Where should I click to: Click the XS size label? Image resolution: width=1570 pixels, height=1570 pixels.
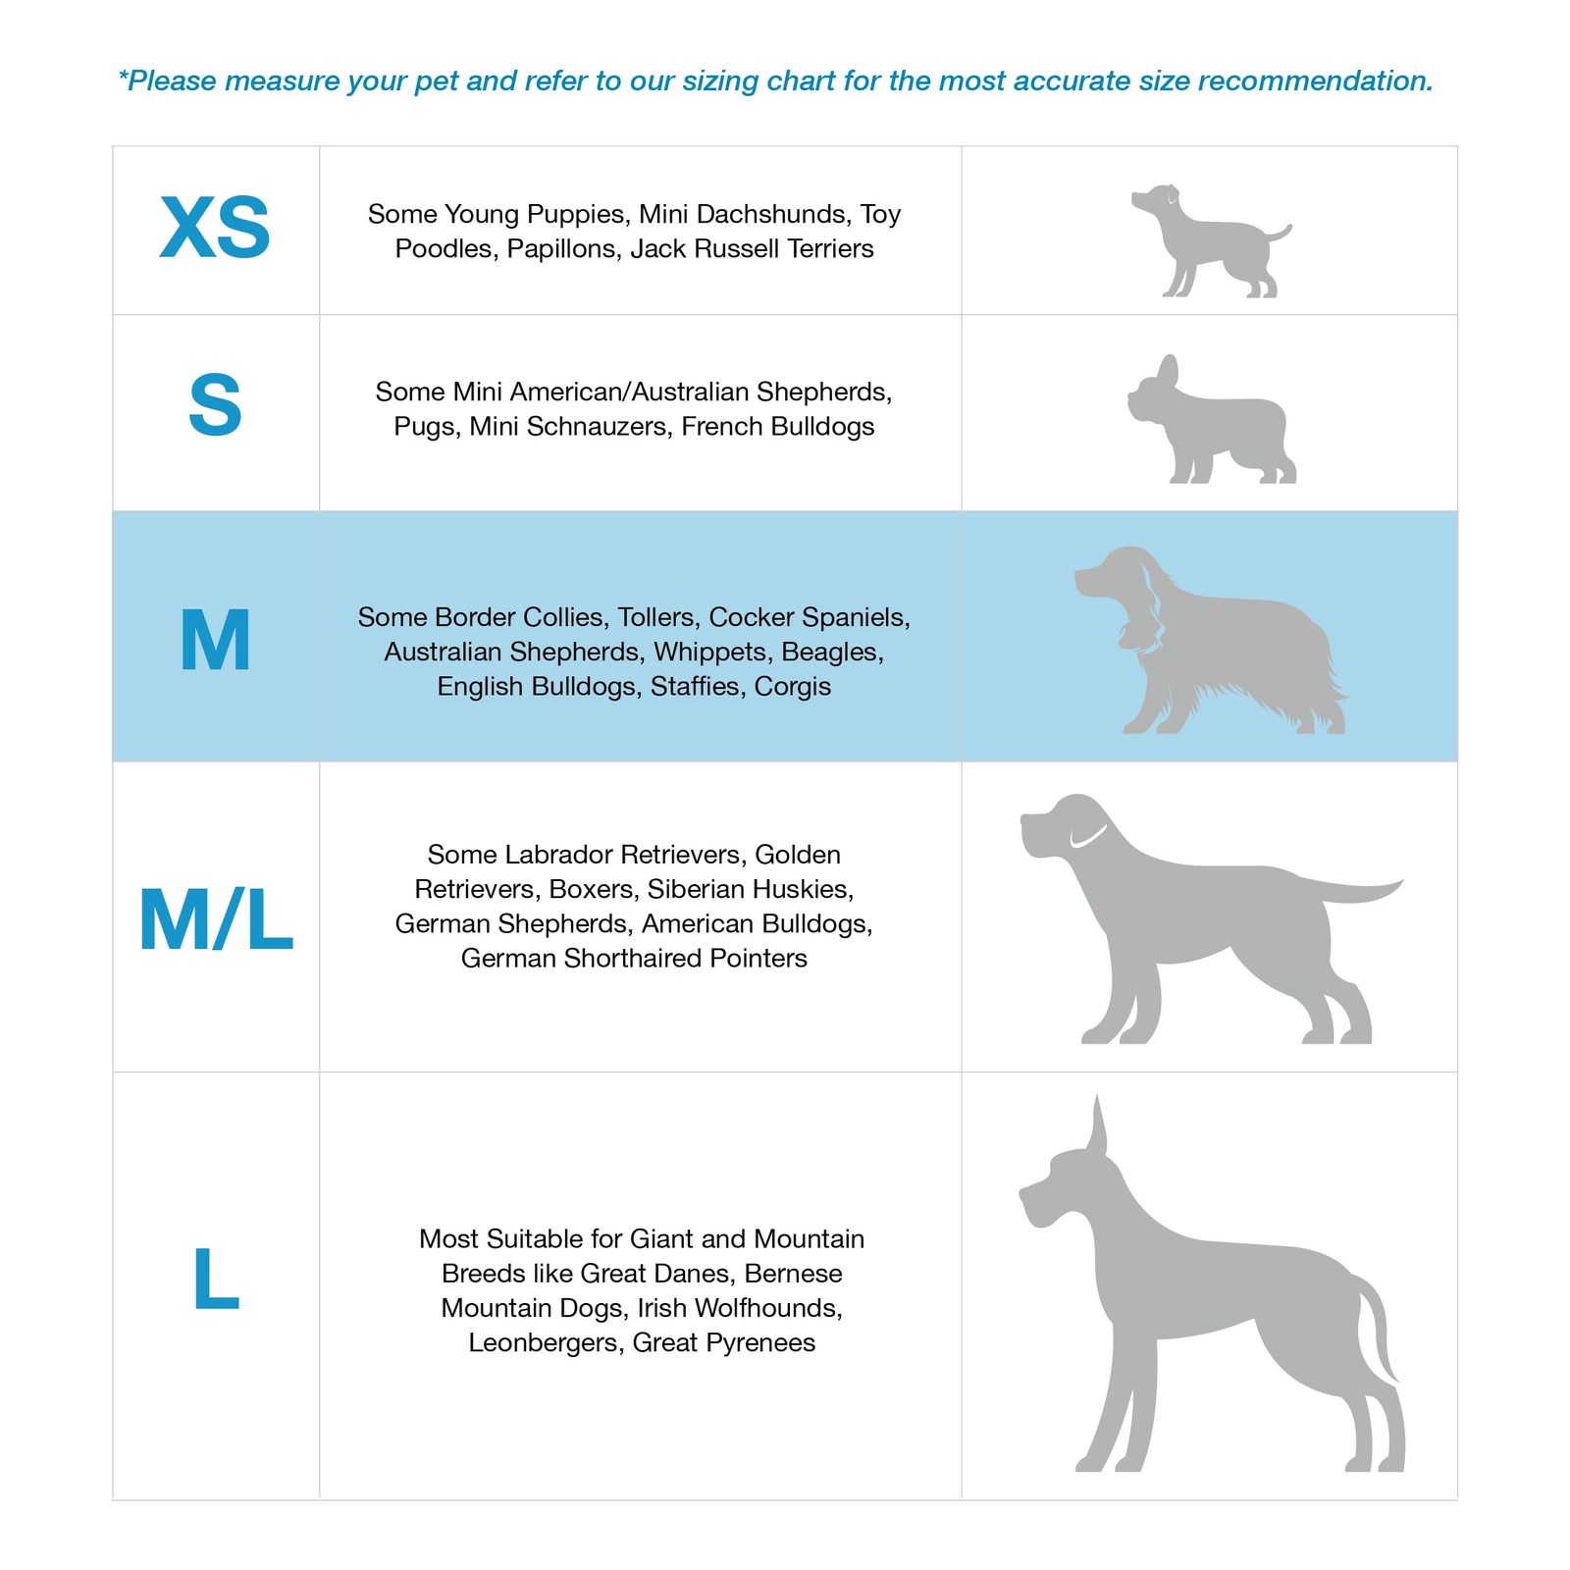(215, 228)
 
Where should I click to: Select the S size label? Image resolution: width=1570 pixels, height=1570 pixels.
(215, 405)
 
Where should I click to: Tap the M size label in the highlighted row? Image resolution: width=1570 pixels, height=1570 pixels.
(216, 641)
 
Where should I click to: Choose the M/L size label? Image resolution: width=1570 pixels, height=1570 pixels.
(216, 920)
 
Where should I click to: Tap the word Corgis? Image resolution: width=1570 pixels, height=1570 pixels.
(792, 687)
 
